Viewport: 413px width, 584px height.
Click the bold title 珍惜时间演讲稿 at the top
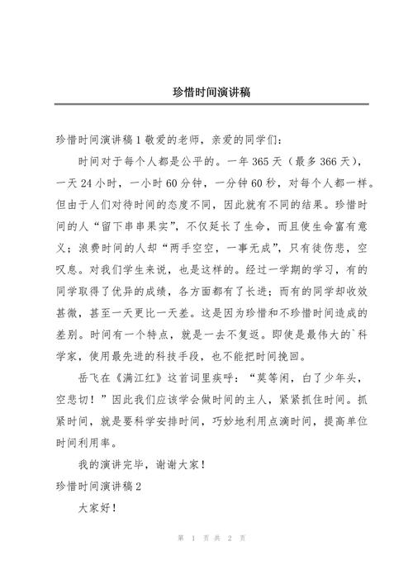point(206,93)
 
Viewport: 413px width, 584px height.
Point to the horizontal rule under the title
point(206,105)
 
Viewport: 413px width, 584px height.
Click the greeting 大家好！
point(97,506)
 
